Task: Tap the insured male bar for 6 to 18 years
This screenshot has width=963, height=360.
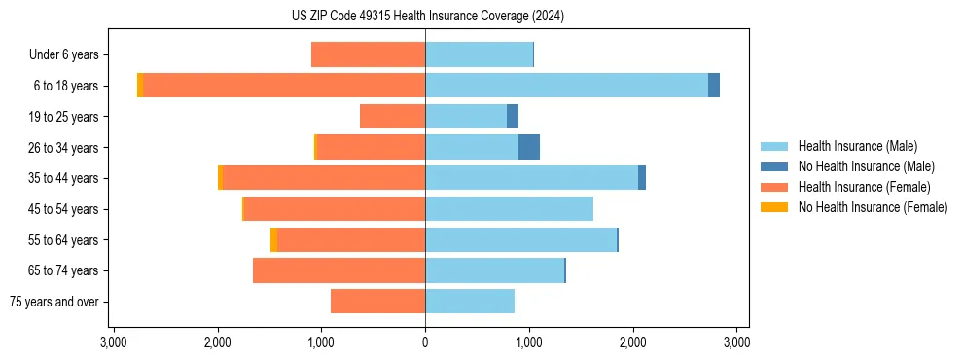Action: tap(566, 86)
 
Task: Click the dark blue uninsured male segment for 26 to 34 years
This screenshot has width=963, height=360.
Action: tap(528, 147)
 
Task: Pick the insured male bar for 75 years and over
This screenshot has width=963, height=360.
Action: tap(470, 302)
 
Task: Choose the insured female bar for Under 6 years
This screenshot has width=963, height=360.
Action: tap(368, 54)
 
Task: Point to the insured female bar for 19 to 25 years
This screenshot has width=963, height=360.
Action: tap(392, 117)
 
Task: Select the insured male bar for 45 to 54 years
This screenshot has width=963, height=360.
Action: tap(509, 209)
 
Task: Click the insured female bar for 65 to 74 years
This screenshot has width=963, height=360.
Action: tap(339, 270)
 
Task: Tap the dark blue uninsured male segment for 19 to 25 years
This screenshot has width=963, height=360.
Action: tap(513, 117)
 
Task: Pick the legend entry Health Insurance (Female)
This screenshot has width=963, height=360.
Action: tap(865, 187)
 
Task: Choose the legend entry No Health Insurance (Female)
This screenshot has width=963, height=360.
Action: tap(873, 207)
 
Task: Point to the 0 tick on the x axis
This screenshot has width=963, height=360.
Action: tap(425, 342)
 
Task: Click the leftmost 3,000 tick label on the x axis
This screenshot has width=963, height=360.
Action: tap(114, 342)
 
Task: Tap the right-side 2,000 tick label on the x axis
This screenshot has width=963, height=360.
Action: tap(632, 342)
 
